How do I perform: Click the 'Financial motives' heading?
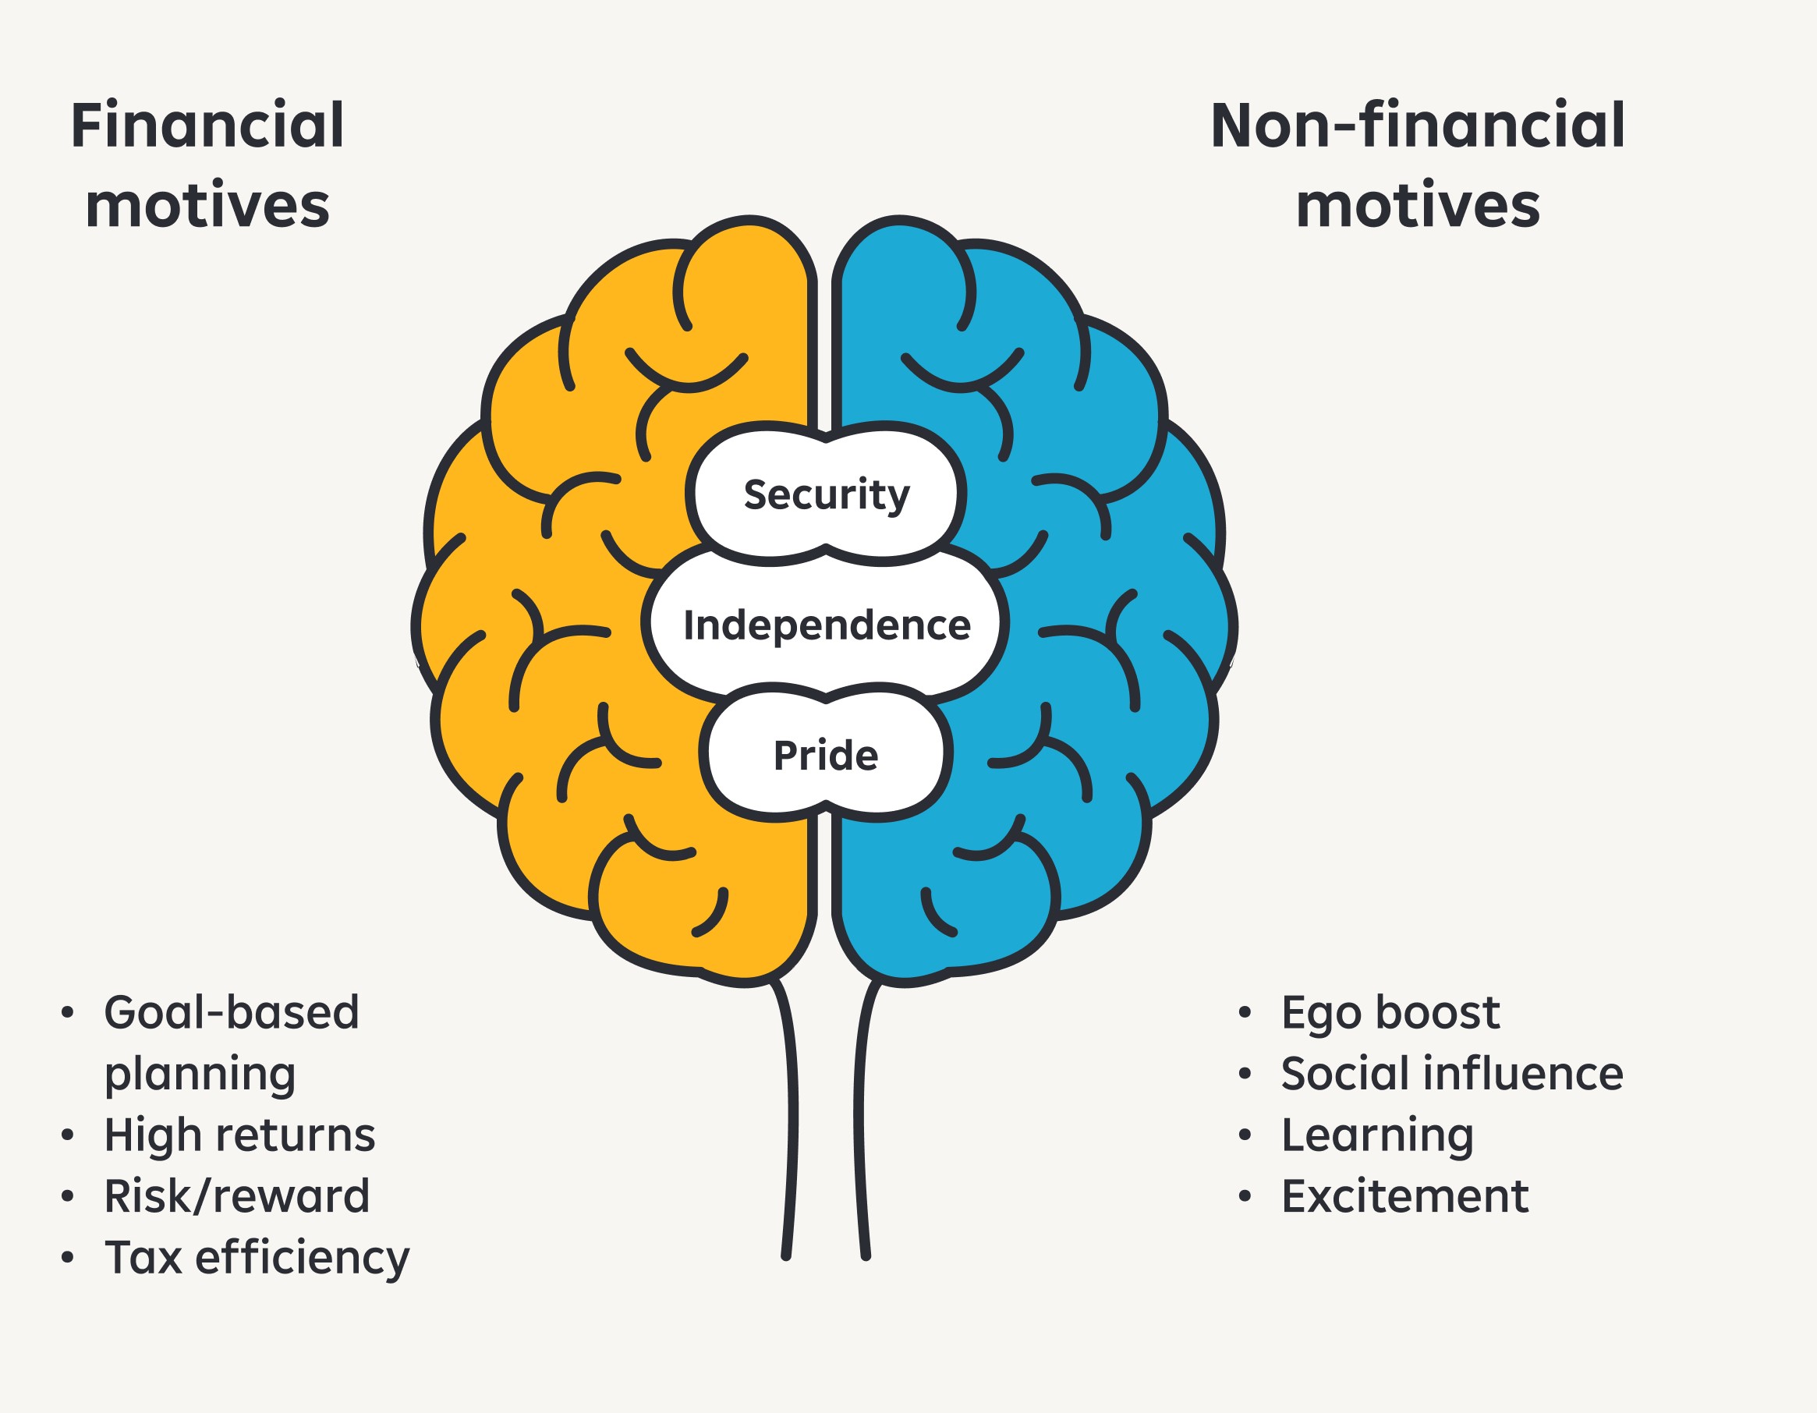point(207,165)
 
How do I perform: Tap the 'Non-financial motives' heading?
point(1417,165)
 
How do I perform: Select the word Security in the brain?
point(826,495)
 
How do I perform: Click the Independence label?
point(826,625)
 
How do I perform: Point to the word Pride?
point(825,756)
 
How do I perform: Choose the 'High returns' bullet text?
point(239,1135)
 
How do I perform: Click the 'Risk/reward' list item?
point(237,1197)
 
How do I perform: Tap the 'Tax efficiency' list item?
point(257,1257)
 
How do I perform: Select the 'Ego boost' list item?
point(1390,1013)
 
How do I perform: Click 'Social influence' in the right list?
point(1452,1074)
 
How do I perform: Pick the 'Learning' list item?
point(1377,1135)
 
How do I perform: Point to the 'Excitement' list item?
point(1404,1197)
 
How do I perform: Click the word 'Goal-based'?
point(232,1013)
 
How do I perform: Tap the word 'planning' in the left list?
point(200,1074)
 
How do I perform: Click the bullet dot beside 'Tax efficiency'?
point(67,1257)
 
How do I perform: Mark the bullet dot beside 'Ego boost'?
point(1245,1013)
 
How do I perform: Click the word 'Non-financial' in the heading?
point(1417,126)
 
